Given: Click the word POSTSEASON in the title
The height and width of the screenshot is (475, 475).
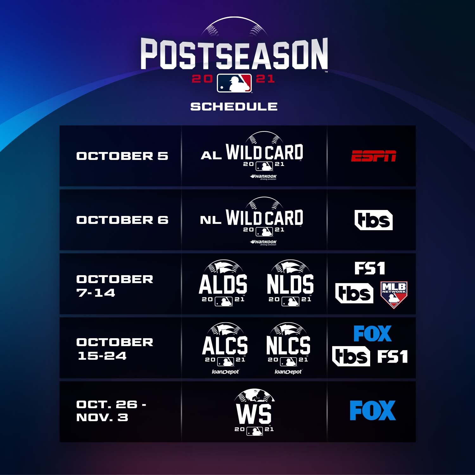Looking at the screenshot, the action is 234,54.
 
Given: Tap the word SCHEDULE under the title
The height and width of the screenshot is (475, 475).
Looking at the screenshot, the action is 234,106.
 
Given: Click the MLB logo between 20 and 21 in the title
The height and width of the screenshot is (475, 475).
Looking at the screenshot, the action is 234,83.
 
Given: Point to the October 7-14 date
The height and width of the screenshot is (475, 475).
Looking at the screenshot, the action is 115,286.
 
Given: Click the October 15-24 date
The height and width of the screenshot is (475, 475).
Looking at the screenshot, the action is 115,349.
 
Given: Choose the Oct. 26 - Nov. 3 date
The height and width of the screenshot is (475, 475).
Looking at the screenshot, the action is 111,411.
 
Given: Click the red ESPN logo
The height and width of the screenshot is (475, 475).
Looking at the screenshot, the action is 374,156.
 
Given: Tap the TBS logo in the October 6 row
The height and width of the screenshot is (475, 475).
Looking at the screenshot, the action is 374,220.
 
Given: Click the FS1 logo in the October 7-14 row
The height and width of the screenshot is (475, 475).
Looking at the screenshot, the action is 370,269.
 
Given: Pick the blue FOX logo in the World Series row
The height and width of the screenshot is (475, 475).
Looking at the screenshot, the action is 373,410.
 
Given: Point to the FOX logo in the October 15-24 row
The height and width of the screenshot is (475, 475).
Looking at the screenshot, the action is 372,334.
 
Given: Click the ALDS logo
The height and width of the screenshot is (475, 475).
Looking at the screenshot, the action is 223,283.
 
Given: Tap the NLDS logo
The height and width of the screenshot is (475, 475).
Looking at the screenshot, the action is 290,283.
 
